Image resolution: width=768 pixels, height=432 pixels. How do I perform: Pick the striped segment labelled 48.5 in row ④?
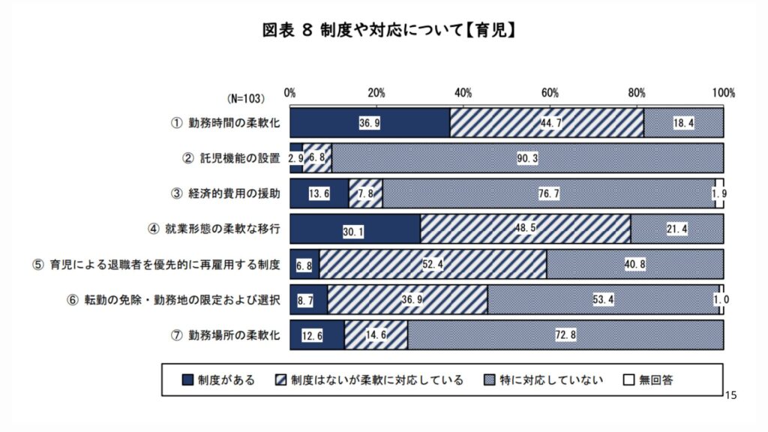click(525, 228)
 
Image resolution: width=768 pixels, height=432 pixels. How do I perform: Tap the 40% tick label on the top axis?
click(463, 93)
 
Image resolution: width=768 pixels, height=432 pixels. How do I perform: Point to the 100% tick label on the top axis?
click(723, 93)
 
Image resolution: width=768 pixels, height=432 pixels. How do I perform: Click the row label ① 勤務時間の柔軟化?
click(224, 123)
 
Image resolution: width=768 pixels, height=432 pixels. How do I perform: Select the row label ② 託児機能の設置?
click(230, 158)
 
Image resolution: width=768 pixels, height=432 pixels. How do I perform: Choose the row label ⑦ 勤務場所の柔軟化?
click(224, 334)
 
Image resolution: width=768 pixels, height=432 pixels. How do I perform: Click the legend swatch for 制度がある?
click(187, 380)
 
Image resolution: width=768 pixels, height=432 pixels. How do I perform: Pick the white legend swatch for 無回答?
click(629, 380)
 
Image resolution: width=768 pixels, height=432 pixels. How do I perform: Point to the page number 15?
click(733, 394)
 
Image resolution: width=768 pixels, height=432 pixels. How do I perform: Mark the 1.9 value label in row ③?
click(719, 193)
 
